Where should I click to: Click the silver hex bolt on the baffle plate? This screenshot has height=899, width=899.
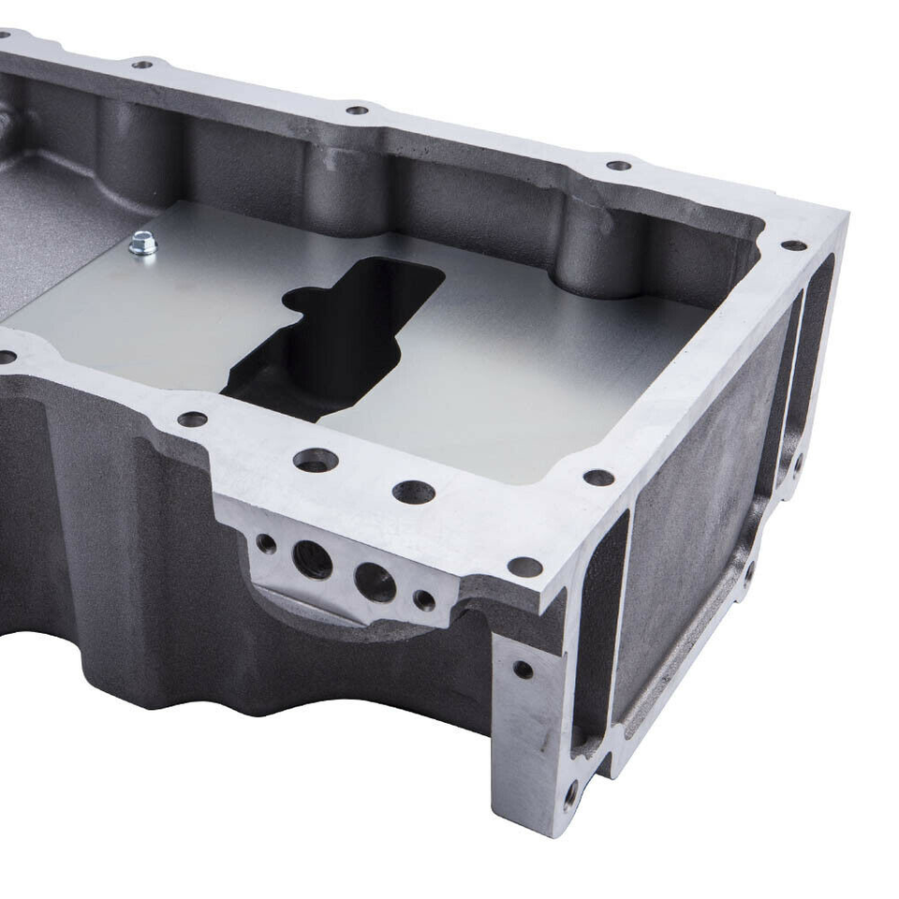(x=143, y=244)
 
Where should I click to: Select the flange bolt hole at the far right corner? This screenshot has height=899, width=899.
(x=793, y=245)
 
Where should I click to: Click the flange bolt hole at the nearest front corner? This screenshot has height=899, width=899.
(x=524, y=567)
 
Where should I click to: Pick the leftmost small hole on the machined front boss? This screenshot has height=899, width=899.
(x=266, y=543)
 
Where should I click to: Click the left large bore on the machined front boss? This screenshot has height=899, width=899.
(x=312, y=559)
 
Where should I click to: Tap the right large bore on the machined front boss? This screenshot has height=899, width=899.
(x=375, y=582)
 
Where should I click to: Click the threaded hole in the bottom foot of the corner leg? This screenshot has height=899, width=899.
(x=570, y=796)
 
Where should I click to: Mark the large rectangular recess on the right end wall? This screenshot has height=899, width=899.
(x=698, y=524)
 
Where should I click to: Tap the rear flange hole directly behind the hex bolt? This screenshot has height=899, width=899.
(x=142, y=65)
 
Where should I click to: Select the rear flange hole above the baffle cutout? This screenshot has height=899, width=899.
(x=357, y=110)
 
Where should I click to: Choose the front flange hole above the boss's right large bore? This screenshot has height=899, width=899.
(x=413, y=492)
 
